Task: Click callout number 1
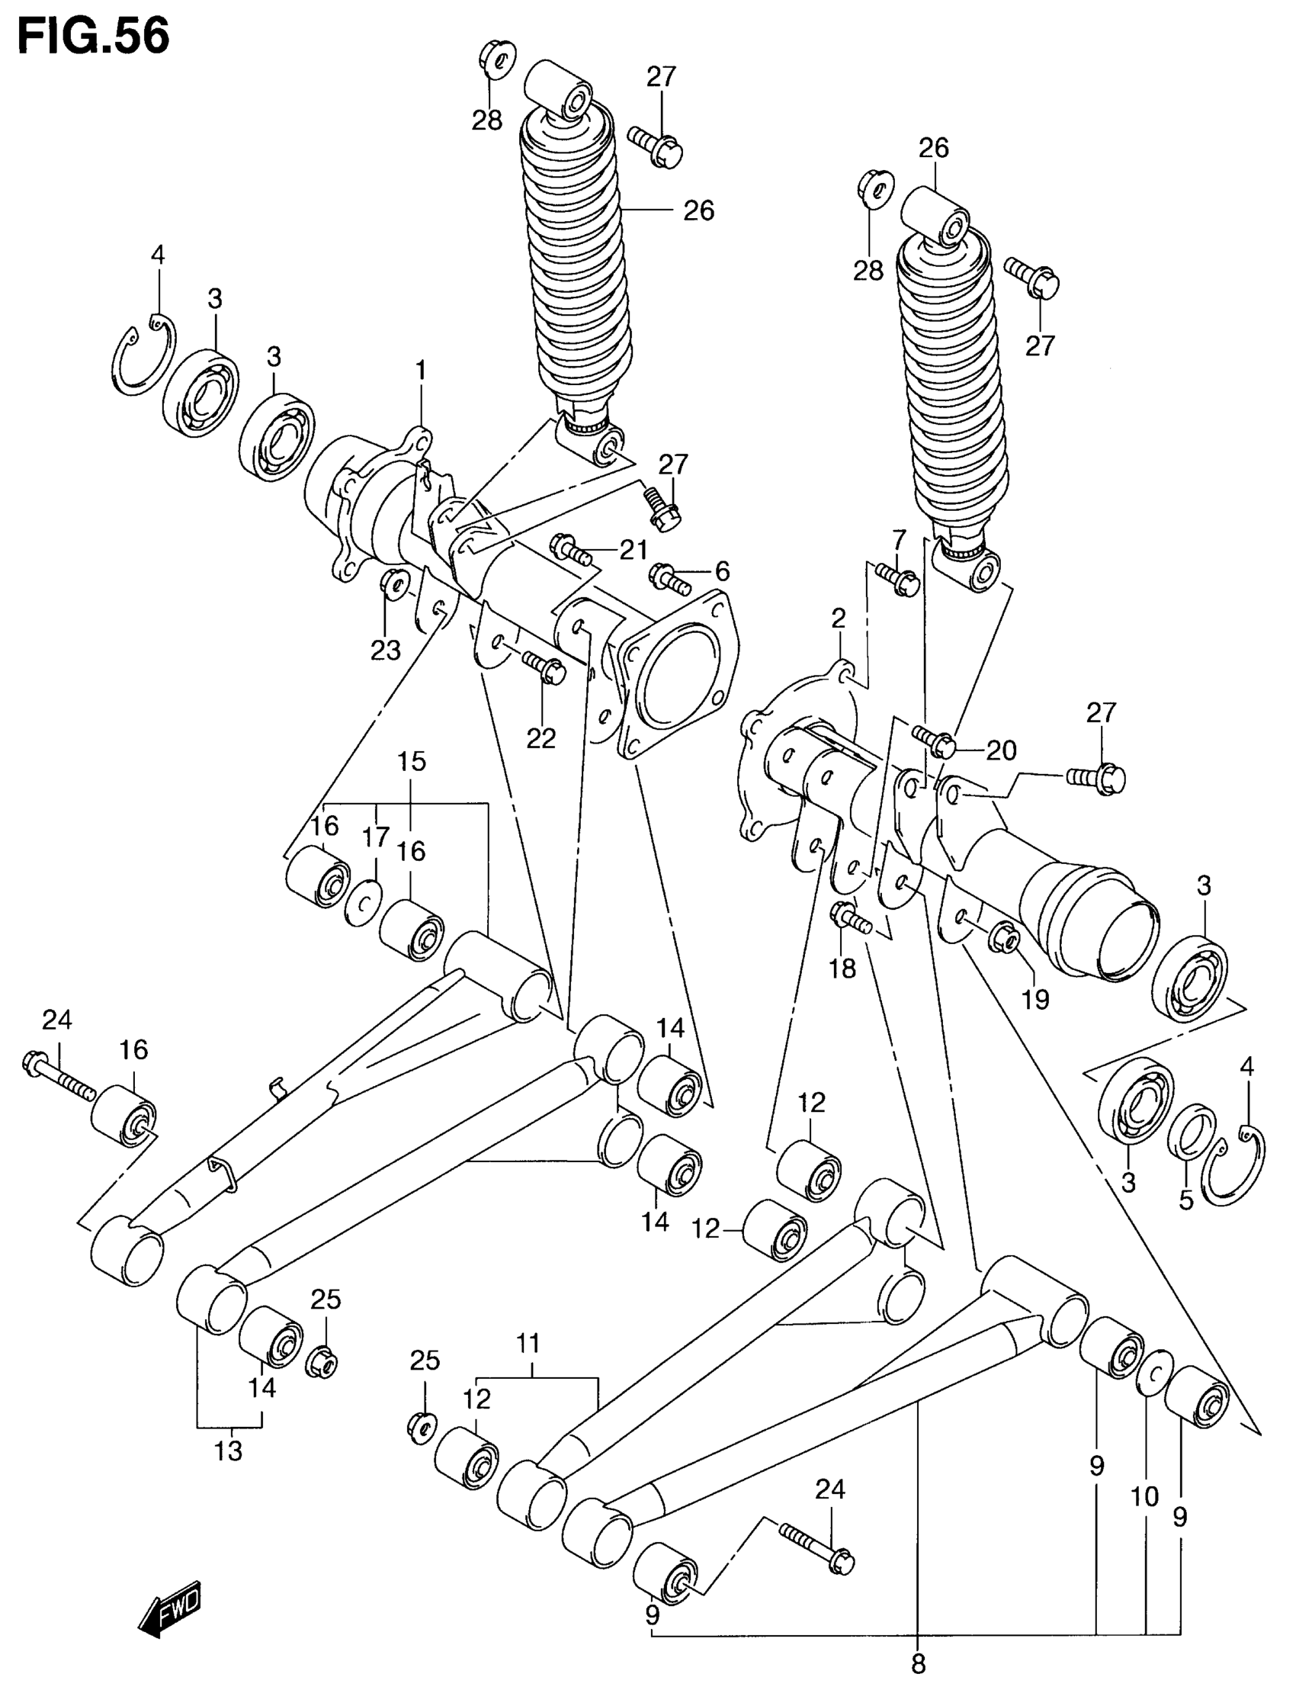pos(420,373)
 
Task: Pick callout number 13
pos(229,1451)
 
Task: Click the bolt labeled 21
pos(570,550)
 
